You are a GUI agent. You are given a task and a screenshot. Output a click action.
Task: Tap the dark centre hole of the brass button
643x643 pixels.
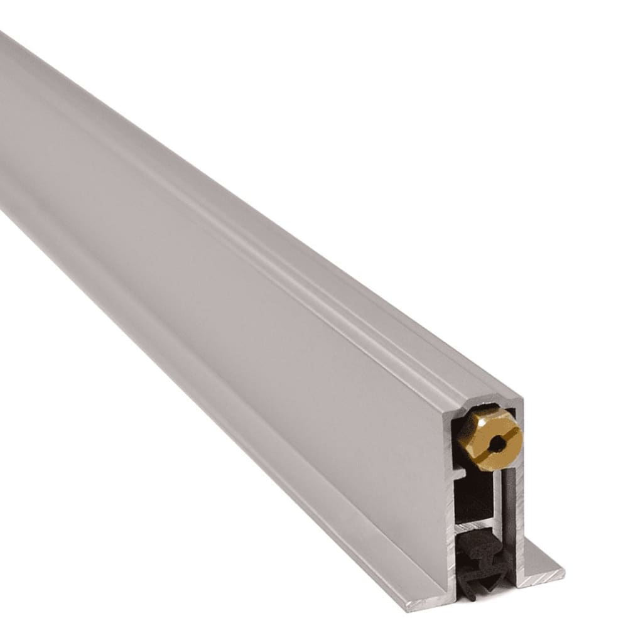click(x=497, y=444)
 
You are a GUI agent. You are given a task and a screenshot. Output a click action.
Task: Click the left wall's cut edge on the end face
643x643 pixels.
click(x=450, y=502)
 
